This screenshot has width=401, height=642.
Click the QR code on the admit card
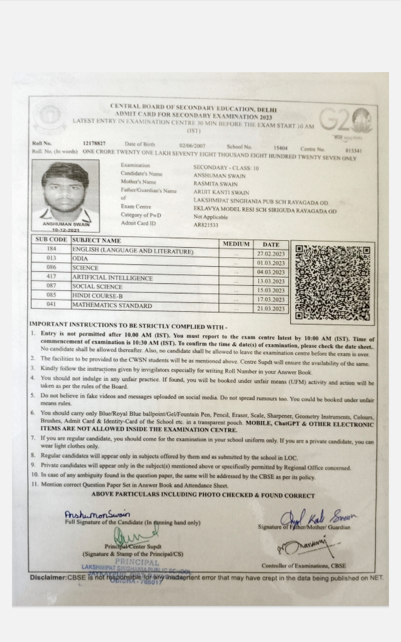click(333, 282)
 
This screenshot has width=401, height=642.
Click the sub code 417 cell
click(51, 276)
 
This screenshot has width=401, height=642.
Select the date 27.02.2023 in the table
click(271, 254)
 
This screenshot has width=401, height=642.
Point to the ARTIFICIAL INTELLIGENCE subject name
click(113, 278)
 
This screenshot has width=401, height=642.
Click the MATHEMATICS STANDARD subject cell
click(112, 305)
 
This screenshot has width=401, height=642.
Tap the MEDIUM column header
click(236, 244)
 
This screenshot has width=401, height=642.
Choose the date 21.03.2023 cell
click(271, 308)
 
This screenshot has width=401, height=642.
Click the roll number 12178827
click(94, 144)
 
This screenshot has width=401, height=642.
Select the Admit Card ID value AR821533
click(206, 225)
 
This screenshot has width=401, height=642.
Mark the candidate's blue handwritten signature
click(97, 515)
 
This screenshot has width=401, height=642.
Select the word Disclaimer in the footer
click(48, 578)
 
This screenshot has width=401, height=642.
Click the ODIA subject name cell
click(80, 259)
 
